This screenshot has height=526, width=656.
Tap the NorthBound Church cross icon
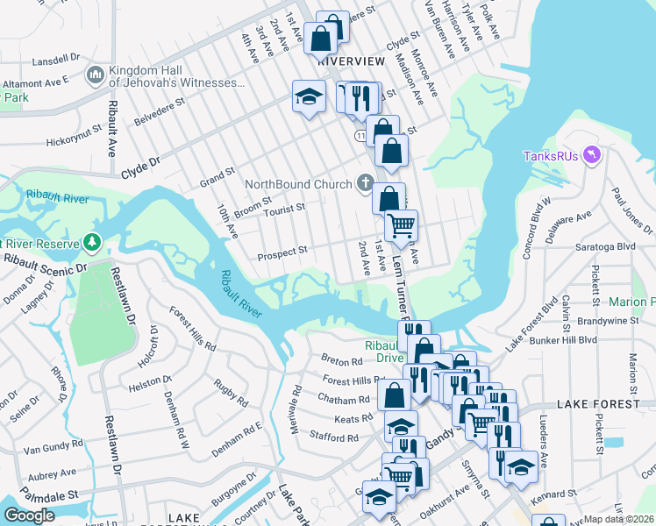pos(366,183)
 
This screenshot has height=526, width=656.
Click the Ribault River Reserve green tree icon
pos(90,241)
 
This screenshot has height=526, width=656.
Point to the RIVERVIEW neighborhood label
pos(352,61)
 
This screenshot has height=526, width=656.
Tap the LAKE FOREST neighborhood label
pos(599,404)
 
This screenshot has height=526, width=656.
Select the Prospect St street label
pos(282,252)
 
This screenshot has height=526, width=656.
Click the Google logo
pos(29,515)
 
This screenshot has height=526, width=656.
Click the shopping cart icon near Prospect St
pos(402,227)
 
